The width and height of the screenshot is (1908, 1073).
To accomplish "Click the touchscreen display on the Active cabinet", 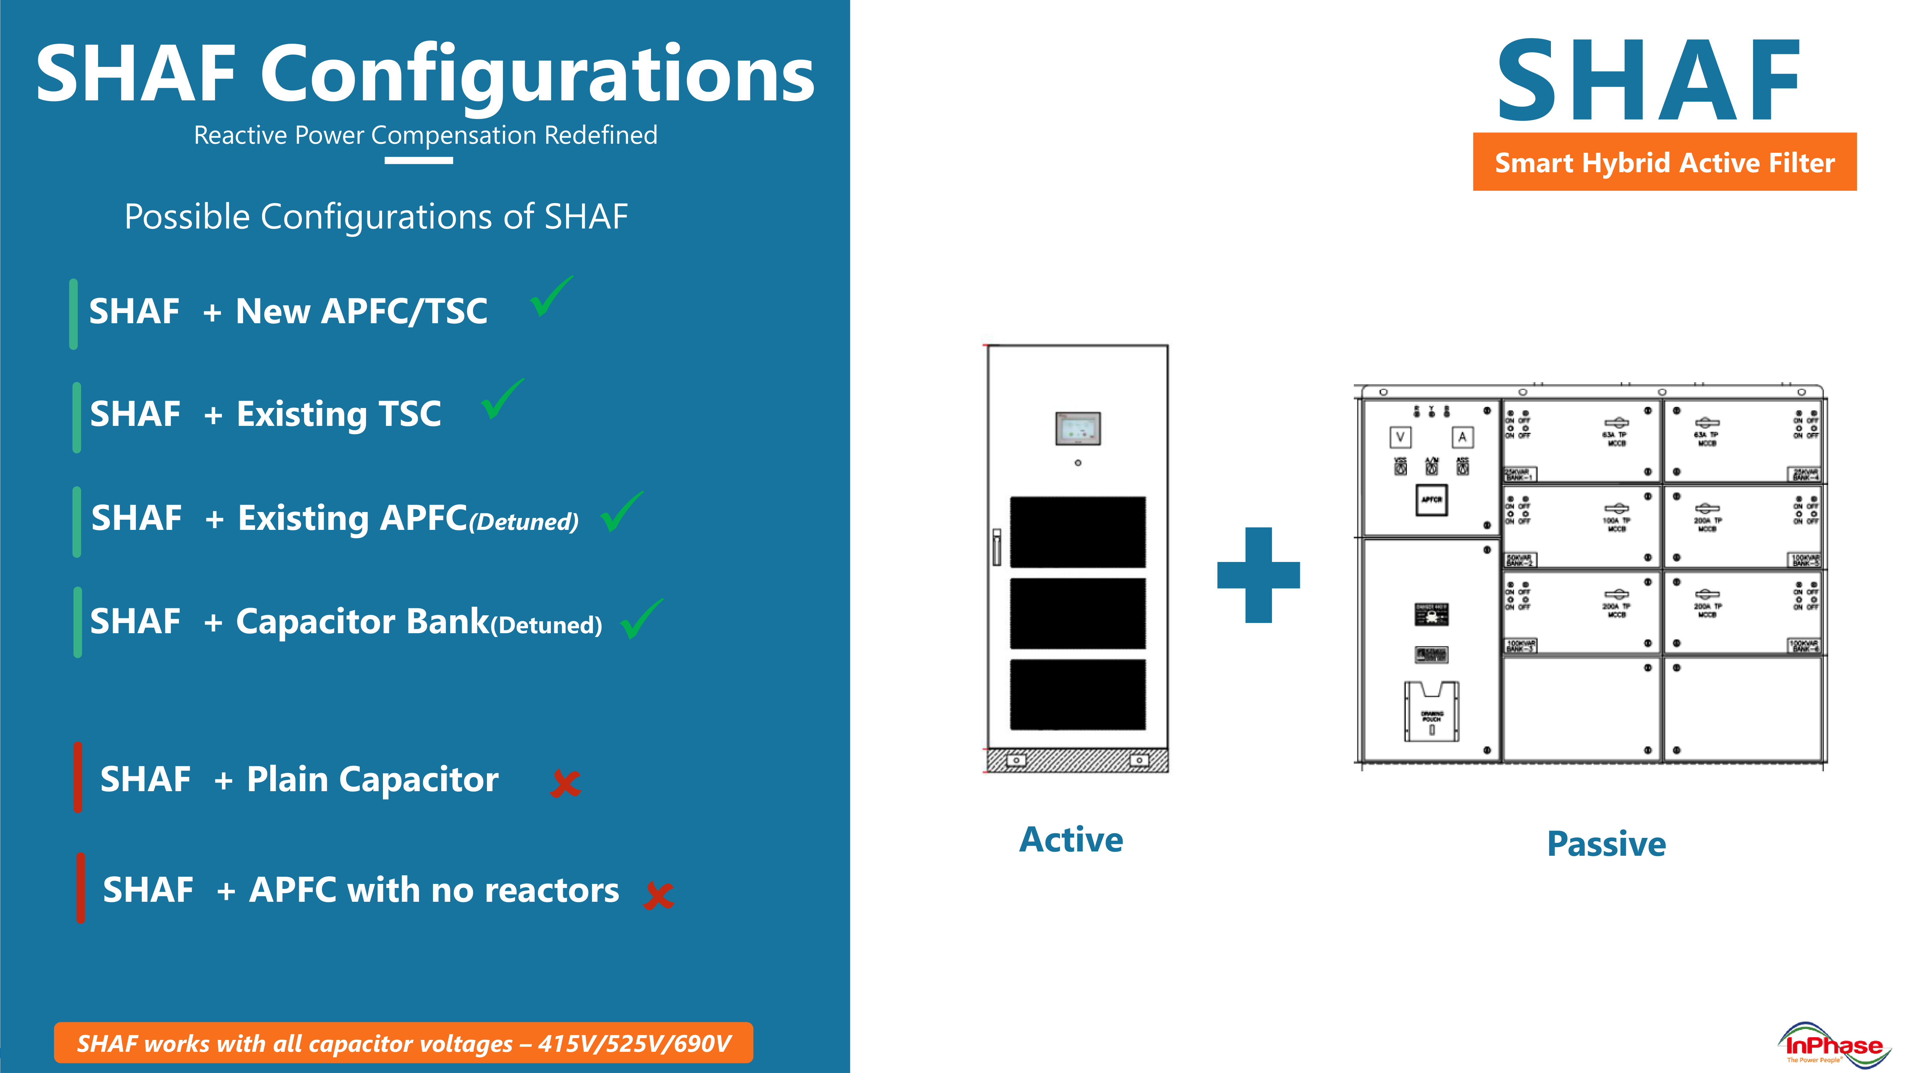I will [x=1078, y=428].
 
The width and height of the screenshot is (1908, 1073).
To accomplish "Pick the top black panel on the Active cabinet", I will [x=1078, y=532].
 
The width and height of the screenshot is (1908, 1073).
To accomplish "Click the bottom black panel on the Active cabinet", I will [x=1078, y=694].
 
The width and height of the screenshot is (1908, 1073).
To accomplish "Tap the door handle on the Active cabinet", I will [x=997, y=546].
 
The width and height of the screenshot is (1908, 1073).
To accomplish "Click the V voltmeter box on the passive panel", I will [x=1400, y=437].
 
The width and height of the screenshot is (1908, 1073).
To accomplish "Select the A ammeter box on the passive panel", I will [x=1462, y=437].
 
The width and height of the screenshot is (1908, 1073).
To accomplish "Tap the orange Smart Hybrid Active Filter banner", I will [x=1664, y=162].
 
